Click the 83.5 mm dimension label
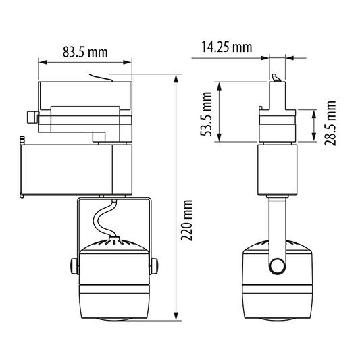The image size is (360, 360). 85,52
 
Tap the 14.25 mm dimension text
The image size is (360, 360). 227,47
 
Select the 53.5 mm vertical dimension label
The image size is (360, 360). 206,114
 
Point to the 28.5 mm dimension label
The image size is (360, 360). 330,123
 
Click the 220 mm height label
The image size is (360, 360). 186,220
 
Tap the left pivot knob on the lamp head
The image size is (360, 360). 74,266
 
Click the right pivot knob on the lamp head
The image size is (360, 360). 154,266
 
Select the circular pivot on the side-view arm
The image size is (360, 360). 278,266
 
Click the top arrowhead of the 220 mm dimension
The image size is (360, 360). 176,78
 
